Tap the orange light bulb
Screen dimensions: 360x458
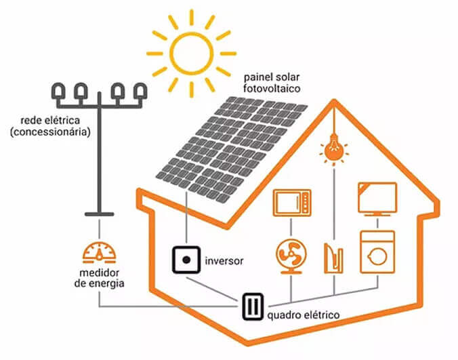(332, 151)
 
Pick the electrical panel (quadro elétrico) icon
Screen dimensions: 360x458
(253, 305)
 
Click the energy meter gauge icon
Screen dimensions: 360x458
(99, 252)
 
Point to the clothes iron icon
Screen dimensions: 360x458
(334, 256)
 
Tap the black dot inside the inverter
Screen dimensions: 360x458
(186, 259)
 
